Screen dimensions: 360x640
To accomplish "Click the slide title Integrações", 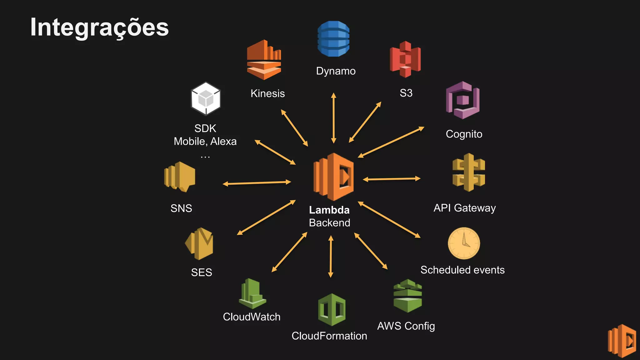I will click(99, 27).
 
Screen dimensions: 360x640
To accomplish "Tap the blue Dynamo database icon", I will click(333, 39).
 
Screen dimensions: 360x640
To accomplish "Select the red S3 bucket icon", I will click(405, 59).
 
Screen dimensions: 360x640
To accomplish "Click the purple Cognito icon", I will click(462, 100).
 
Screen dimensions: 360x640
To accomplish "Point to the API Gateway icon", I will click(468, 172).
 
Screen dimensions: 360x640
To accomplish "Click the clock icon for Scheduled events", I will click(464, 243).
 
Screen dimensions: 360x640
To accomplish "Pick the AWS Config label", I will click(406, 326).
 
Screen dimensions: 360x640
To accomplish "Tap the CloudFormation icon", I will click(332, 309).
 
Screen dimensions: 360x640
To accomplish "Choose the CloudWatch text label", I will click(252, 317).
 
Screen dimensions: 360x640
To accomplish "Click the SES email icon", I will click(199, 244).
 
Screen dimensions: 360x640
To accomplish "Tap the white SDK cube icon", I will click(206, 99).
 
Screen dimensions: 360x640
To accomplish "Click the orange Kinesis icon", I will click(264, 60).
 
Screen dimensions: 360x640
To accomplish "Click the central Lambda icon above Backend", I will click(333, 177).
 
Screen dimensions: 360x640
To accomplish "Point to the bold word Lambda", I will click(329, 210).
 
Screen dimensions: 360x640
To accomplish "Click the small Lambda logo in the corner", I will click(622, 341).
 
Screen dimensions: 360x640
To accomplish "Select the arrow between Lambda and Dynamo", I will click(333, 118).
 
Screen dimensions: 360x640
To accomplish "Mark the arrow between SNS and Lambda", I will click(257, 183).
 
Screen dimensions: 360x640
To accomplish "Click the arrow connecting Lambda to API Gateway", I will click(392, 179).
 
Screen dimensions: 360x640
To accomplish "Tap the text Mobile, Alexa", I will click(205, 141).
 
